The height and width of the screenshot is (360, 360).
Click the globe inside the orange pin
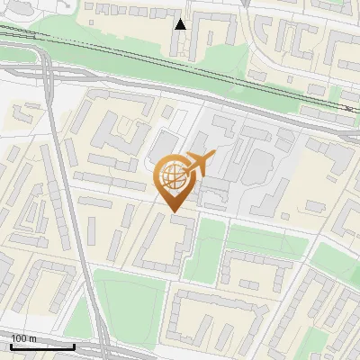point(172,177)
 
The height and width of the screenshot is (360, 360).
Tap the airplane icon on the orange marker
point(199,164)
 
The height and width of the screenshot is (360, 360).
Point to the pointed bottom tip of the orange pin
point(173,210)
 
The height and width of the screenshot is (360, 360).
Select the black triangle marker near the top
point(181,24)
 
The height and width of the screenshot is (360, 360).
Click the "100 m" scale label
point(24,338)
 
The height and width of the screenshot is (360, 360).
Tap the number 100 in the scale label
point(20,338)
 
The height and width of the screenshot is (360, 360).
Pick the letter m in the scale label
point(33,338)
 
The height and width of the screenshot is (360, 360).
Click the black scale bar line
point(41,346)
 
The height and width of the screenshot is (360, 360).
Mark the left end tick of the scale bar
point(10,345)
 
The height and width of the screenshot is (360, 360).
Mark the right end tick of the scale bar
point(74,345)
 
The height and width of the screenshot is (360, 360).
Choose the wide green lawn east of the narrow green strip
point(266,238)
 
